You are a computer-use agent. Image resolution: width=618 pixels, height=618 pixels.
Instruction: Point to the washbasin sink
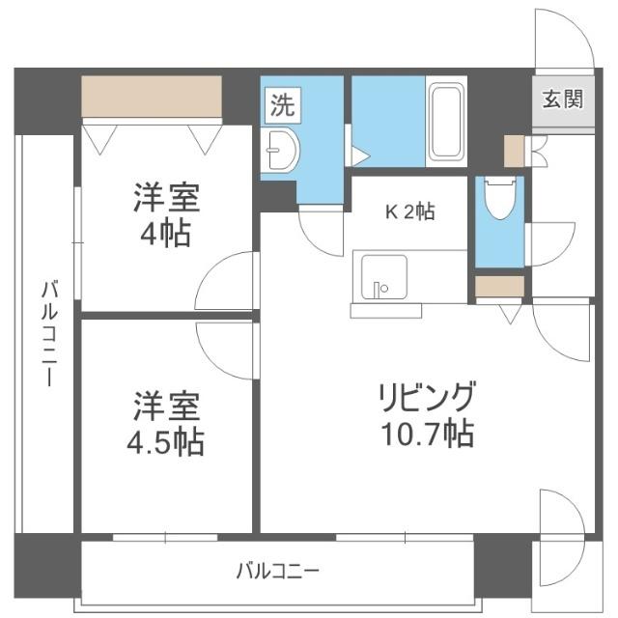(x=281, y=149)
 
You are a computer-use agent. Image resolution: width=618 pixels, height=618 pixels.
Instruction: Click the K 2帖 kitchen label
(x=410, y=211)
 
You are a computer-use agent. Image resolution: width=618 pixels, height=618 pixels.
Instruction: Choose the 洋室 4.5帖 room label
(x=166, y=423)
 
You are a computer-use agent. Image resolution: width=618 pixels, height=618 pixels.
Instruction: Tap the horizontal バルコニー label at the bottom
(x=278, y=570)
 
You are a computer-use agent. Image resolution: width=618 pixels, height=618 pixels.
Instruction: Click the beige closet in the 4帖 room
(x=152, y=96)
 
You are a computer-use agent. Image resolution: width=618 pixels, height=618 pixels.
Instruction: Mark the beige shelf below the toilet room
(x=499, y=287)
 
